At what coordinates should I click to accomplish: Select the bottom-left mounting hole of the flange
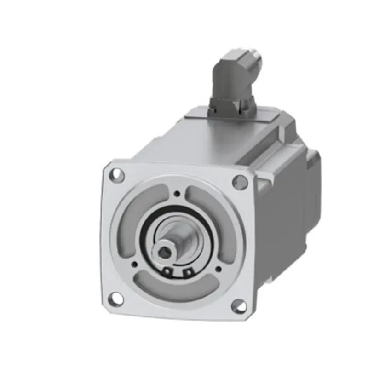116,299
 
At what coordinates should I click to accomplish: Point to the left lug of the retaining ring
168,272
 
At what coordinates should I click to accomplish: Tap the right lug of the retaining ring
187,274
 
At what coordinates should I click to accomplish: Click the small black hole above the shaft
178,193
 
